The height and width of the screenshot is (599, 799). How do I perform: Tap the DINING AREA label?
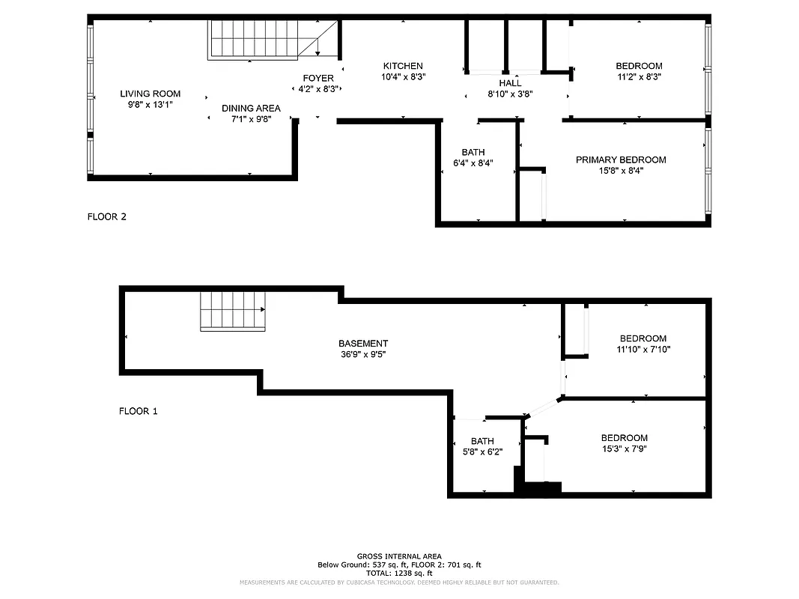point(251,109)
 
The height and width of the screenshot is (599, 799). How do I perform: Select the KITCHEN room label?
point(403,66)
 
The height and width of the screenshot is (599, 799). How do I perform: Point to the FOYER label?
point(318,79)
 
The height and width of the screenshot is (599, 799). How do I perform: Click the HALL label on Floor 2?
point(510,83)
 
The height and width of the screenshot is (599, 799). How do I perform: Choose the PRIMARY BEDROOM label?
point(620,159)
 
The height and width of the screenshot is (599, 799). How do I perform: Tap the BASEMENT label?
point(363,344)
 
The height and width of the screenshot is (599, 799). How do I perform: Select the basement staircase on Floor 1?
point(233,311)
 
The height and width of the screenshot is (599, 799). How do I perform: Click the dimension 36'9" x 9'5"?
point(363,355)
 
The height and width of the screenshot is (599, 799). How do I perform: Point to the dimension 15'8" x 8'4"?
point(620,171)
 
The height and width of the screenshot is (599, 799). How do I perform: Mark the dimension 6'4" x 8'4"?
point(473,163)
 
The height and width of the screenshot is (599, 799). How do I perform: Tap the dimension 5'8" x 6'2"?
point(482,451)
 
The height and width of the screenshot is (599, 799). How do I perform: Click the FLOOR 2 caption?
point(107,217)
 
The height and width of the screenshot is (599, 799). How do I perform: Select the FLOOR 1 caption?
point(139,411)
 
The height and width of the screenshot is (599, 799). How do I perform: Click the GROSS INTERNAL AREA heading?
point(399,556)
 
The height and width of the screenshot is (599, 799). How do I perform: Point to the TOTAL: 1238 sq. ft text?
point(399,573)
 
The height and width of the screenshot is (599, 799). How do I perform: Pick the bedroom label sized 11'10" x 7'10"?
point(642,338)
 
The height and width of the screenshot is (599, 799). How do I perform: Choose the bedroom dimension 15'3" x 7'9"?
point(624,449)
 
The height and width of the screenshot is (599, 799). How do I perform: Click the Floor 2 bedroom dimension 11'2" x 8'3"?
point(639,76)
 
